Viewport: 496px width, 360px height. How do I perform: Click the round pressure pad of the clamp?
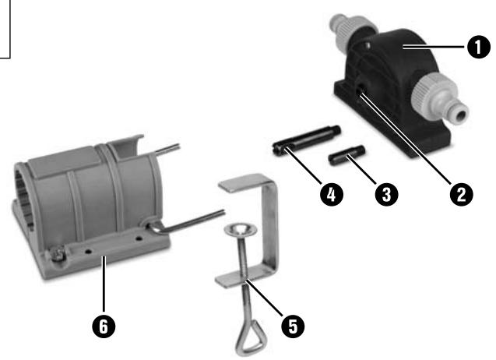click(x=240, y=229)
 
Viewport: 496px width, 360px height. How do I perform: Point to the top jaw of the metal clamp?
click(x=248, y=186)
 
